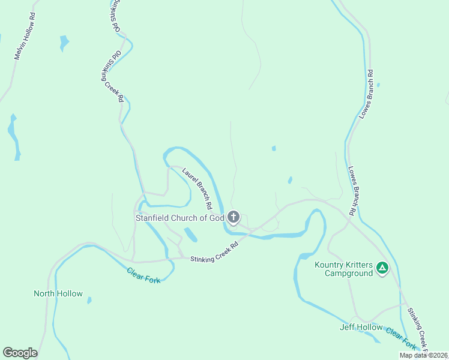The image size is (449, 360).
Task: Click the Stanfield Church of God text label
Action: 179,218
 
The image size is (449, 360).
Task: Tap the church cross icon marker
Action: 234,217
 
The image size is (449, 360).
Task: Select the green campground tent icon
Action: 382,269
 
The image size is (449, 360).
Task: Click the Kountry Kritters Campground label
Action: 344,269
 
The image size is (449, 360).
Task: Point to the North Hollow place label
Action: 58,293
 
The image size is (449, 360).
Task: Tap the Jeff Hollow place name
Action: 361,327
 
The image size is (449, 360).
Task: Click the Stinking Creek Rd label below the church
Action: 214,251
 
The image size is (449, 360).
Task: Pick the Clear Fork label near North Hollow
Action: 143,275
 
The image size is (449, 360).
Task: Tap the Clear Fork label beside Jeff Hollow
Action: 401,338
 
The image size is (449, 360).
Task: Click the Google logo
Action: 20,353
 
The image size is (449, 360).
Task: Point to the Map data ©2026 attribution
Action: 423,355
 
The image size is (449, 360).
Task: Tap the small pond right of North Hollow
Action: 89,300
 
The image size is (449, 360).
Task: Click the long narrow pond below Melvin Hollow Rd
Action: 13,136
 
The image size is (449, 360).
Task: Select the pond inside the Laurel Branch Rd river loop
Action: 191,234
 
